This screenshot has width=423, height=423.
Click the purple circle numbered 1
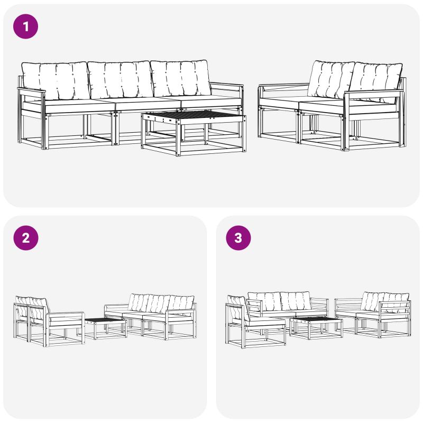(x=25, y=26)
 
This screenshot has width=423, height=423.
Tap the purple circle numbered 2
(x=25, y=238)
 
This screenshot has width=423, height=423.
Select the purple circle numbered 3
(x=238, y=238)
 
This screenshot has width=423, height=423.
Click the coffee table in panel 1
(x=194, y=132)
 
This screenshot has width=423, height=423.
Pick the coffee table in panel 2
(x=105, y=328)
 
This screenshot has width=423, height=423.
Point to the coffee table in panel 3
(x=316, y=328)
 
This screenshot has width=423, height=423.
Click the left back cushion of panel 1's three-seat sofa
(x=56, y=80)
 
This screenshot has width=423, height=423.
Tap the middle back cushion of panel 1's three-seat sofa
(x=121, y=80)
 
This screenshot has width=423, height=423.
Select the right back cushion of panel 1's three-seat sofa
(x=181, y=78)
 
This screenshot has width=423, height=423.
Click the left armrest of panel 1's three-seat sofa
(x=31, y=90)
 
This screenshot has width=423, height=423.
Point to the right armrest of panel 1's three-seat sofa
(x=227, y=85)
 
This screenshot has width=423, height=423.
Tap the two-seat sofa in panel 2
(x=49, y=321)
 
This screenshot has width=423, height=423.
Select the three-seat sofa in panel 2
(x=150, y=316)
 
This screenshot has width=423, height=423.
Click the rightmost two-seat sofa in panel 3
(x=373, y=314)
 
